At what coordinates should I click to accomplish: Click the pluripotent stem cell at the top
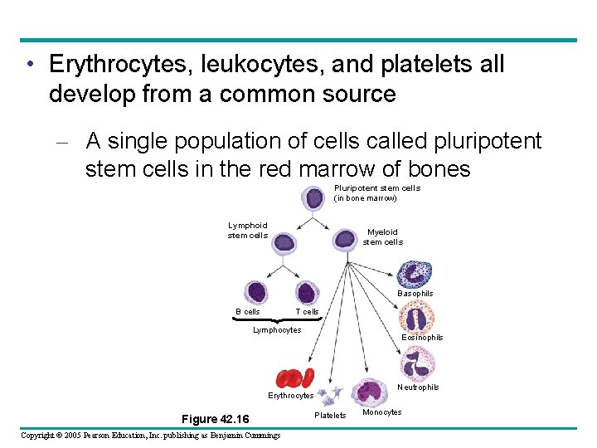point(314,199)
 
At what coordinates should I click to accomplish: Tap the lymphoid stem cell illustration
point(284,242)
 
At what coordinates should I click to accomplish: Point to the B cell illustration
point(254,292)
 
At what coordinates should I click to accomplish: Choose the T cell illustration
point(306,292)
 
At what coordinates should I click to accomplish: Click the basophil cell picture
point(414,275)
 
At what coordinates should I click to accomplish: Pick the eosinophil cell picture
point(416,317)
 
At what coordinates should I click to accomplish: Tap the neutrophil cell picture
point(417,364)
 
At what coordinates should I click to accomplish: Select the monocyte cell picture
point(366,392)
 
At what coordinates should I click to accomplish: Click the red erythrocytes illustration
point(294,378)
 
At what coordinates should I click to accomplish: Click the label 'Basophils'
point(415,294)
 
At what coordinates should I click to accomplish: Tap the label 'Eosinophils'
point(422,338)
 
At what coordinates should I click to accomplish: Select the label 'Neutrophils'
point(418,387)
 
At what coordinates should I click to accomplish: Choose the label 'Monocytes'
point(381,412)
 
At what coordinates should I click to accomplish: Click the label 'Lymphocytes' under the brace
point(277,330)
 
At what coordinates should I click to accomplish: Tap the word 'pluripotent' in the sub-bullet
point(478,141)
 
